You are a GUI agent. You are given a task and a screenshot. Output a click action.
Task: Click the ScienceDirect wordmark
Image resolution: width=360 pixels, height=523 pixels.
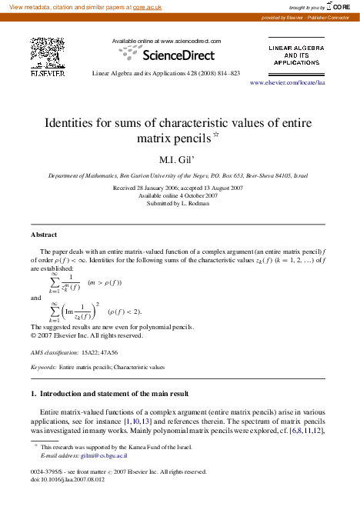(x=175, y=55)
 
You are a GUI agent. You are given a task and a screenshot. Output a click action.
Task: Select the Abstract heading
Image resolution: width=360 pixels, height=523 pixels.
(x=44, y=234)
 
